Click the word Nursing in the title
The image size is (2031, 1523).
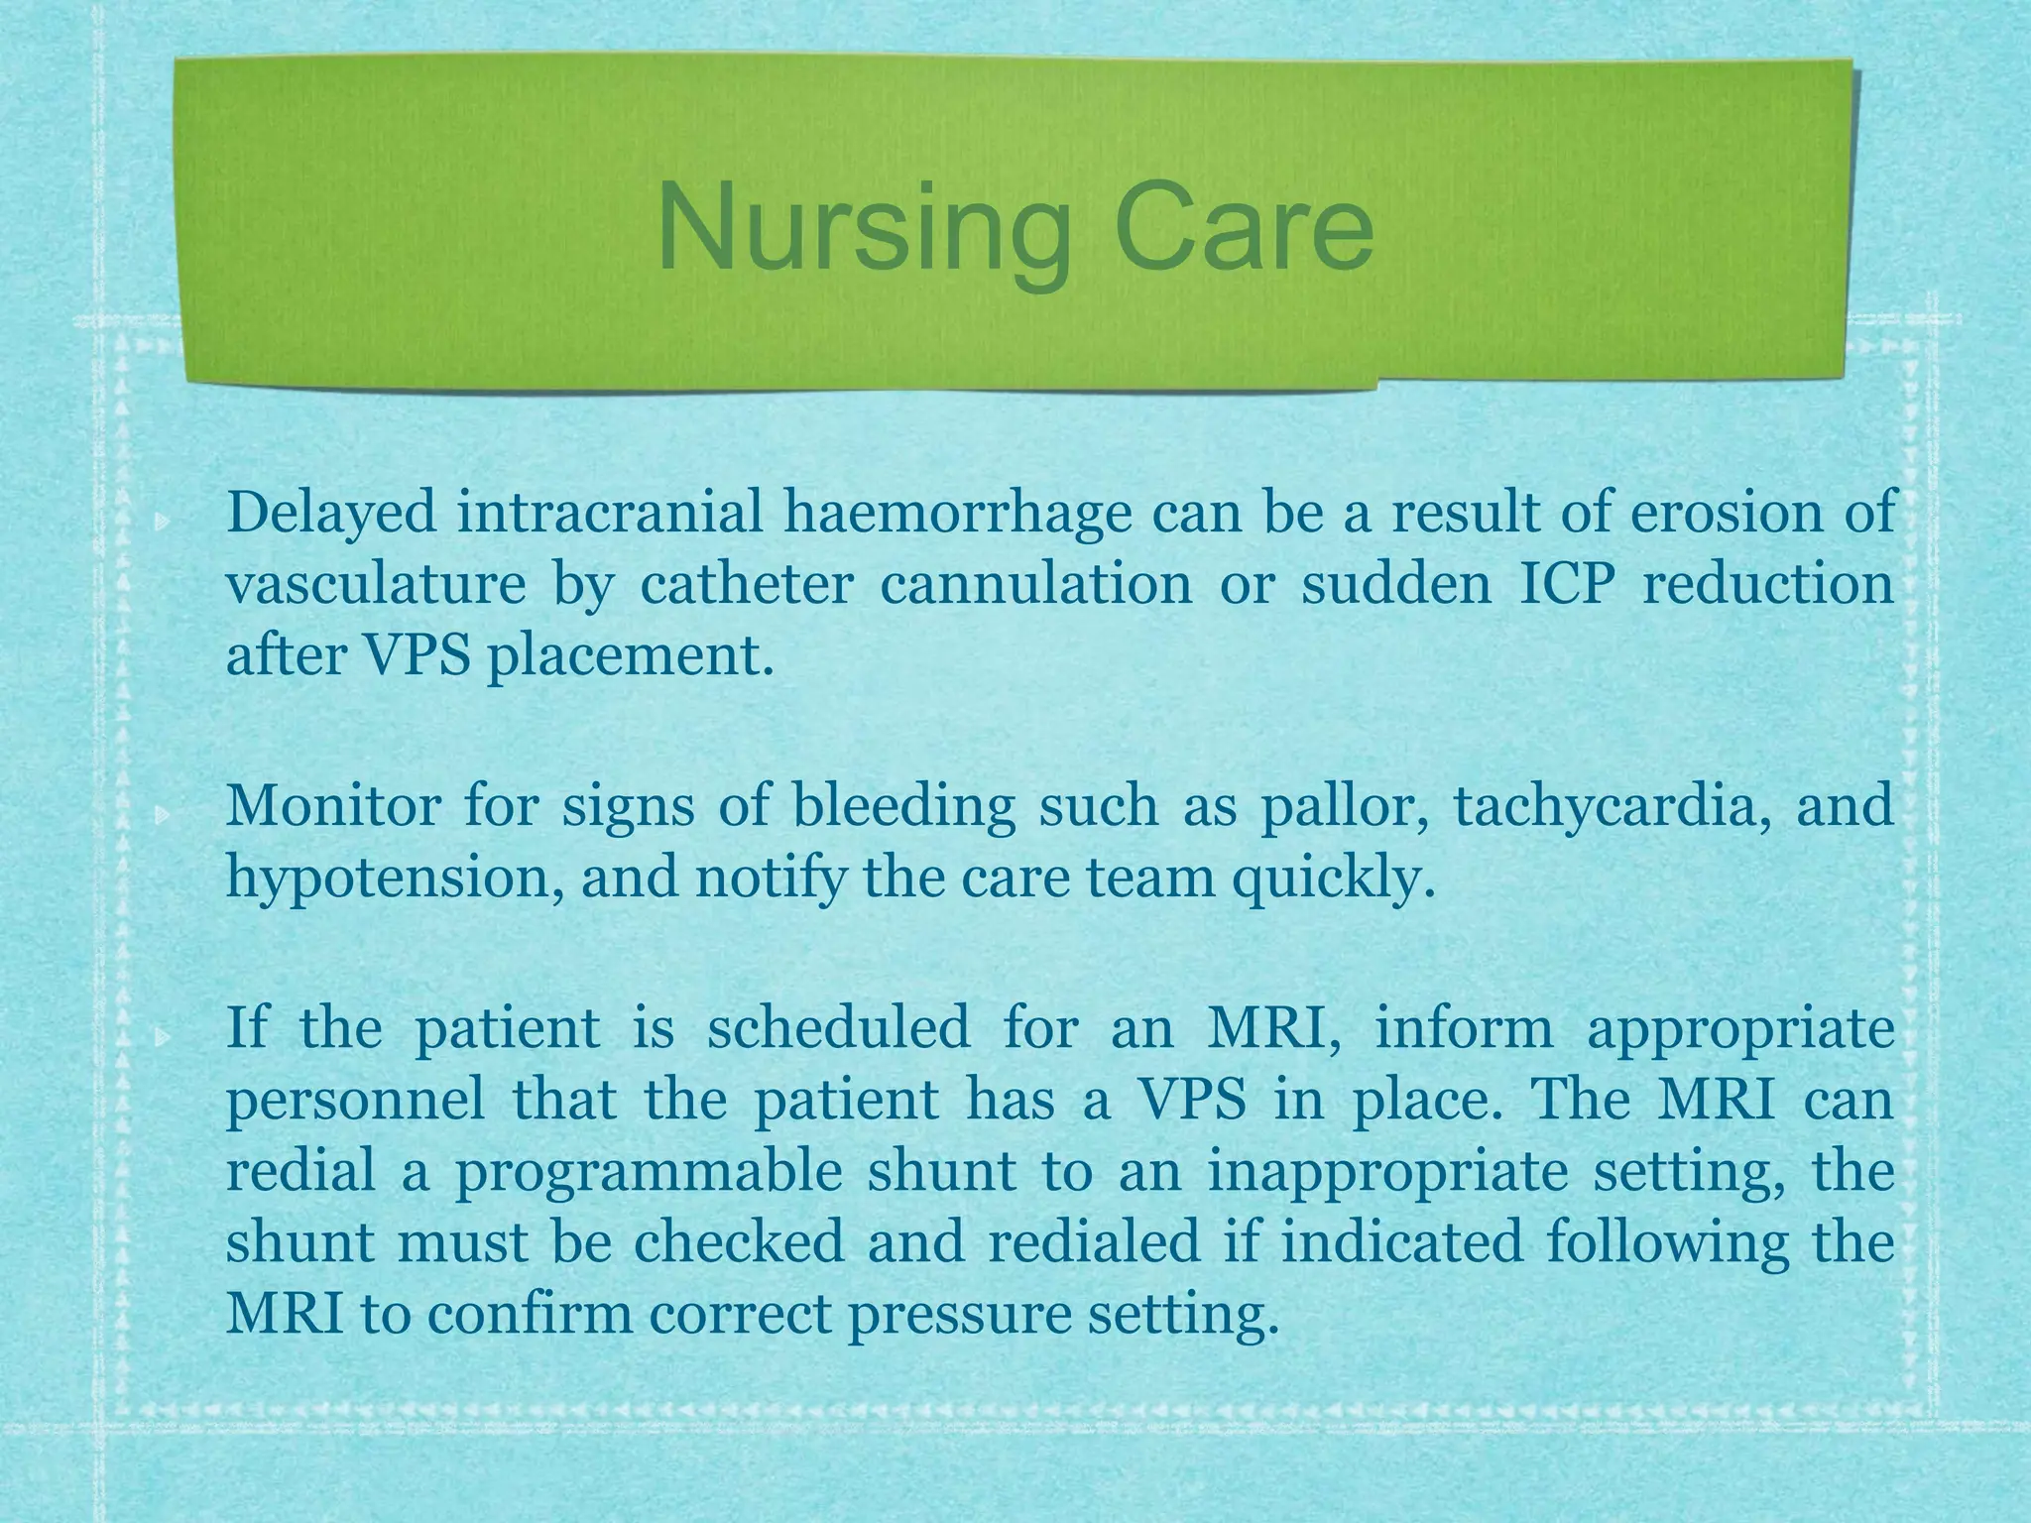(863, 230)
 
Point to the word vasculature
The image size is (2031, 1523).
(376, 585)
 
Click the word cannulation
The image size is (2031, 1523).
(1035, 585)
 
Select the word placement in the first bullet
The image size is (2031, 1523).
(628, 656)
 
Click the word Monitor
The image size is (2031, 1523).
(333, 805)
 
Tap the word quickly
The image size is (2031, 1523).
(1334, 879)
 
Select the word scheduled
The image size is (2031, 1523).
(838, 1027)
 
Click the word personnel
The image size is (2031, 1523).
(355, 1101)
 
